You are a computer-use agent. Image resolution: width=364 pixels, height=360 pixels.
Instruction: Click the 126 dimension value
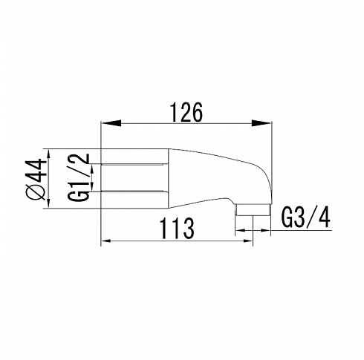tap(186, 112)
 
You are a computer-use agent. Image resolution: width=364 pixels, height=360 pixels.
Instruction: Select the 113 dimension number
tap(177, 229)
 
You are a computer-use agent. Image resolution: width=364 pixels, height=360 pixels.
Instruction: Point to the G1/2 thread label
tap(78, 177)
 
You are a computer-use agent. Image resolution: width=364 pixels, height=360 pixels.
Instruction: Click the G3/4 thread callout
tap(306, 217)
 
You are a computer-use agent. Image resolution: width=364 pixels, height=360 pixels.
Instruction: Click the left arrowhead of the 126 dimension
tap(111, 123)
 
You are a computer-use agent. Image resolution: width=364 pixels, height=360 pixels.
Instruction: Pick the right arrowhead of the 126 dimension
tap(261, 123)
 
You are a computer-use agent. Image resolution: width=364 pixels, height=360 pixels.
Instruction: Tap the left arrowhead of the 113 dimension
tap(106, 240)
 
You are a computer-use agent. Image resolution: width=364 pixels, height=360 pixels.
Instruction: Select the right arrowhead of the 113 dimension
tap(248, 240)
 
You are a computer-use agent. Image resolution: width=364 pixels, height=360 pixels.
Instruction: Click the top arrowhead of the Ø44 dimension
tap(48, 154)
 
